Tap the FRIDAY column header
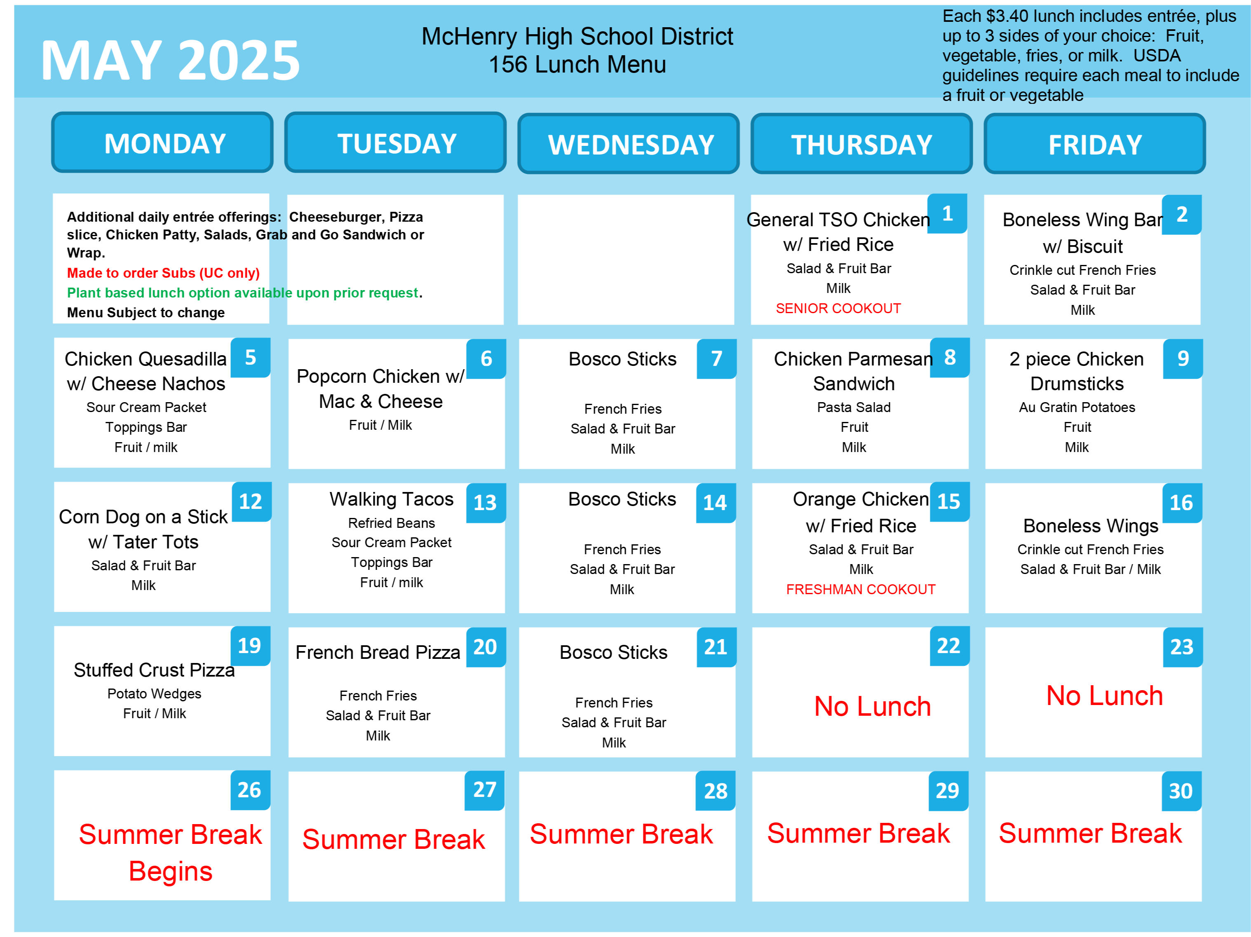[1094, 144]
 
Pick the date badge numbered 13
[485, 503]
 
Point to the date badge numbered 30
[1181, 791]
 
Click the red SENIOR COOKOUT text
[838, 308]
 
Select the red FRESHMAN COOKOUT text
[861, 589]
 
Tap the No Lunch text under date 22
[872, 706]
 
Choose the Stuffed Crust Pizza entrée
[155, 670]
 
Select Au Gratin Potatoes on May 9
[1077, 407]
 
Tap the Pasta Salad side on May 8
[853, 407]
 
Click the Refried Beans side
[391, 522]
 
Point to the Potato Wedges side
[155, 694]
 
